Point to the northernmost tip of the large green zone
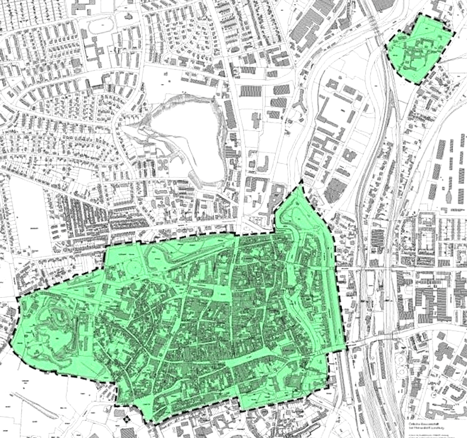302,183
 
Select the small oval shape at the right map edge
449,196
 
